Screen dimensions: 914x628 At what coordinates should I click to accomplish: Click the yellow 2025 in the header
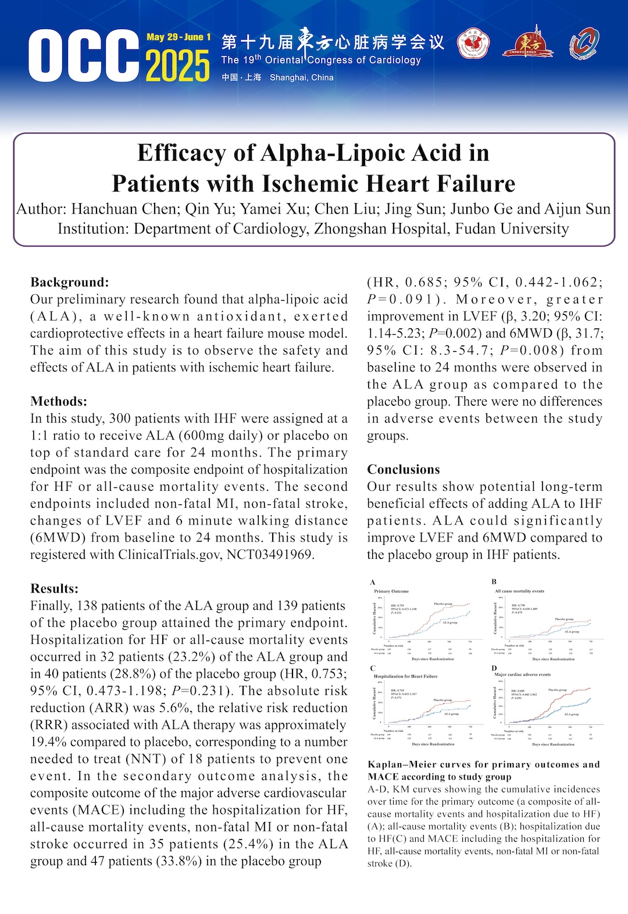coord(177,65)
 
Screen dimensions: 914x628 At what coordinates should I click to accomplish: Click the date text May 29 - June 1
coord(178,37)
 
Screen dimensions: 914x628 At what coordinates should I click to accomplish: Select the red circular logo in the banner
coord(473,44)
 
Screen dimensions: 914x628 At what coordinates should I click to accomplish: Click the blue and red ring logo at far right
coord(584,44)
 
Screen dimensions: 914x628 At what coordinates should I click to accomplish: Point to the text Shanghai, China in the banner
coord(301,77)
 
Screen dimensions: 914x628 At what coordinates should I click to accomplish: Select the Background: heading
coord(70,282)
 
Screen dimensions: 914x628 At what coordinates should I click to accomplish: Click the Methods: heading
coord(59,402)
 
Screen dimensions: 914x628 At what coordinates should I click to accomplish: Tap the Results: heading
coord(54,589)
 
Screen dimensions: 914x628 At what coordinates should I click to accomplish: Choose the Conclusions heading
coord(404,470)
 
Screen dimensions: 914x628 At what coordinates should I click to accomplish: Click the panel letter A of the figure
coord(373,582)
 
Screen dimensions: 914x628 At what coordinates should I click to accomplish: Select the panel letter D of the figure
coord(494,668)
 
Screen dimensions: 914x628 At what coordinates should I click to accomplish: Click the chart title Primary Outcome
coord(391,591)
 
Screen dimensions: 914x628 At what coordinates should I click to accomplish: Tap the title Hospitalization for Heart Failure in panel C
coord(405,676)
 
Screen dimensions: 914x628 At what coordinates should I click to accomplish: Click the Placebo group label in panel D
coord(557,690)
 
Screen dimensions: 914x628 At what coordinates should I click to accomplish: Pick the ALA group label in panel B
coord(572,632)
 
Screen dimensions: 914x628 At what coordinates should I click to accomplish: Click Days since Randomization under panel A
coord(433,659)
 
